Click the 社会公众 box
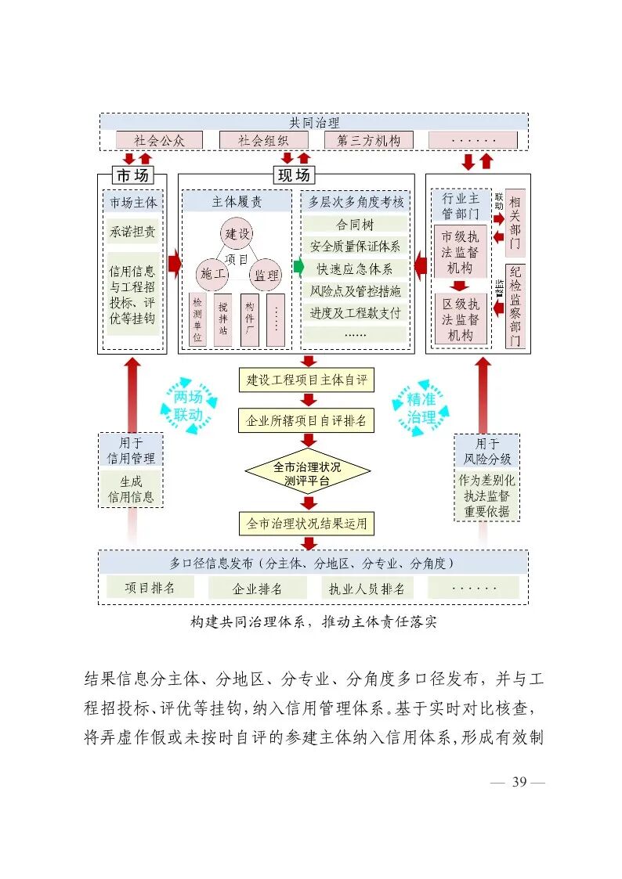[x=159, y=140]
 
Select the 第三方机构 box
[x=368, y=140]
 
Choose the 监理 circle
[x=266, y=274]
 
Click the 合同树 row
[x=354, y=224]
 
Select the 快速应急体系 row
[x=354, y=268]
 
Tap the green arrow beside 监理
[x=298, y=267]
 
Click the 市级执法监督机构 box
[x=461, y=252]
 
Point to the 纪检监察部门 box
[x=515, y=306]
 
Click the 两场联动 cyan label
[x=188, y=405]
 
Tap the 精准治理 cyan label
[x=421, y=409]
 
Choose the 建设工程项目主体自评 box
[x=306, y=380]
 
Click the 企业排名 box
[x=257, y=589]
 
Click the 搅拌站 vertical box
[x=223, y=319]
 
